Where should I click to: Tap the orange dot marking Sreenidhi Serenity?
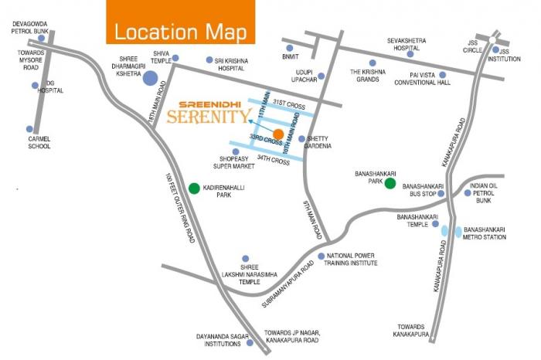[277, 134]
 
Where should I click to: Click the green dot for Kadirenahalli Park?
[193, 188]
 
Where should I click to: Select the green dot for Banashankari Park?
[390, 183]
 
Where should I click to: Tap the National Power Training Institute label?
[352, 260]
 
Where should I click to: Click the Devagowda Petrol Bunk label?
[30, 29]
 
